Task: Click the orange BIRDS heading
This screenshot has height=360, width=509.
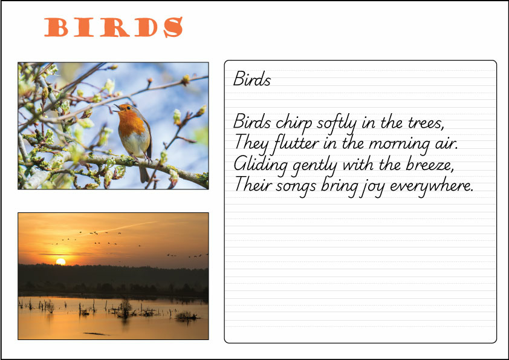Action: (114, 27)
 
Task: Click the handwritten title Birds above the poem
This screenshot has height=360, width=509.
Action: (251, 79)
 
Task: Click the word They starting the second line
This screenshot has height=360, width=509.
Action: (248, 144)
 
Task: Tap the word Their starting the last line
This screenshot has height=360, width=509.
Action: (251, 185)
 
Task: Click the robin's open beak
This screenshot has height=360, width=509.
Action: (115, 108)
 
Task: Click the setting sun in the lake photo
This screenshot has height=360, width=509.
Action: (60, 261)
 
